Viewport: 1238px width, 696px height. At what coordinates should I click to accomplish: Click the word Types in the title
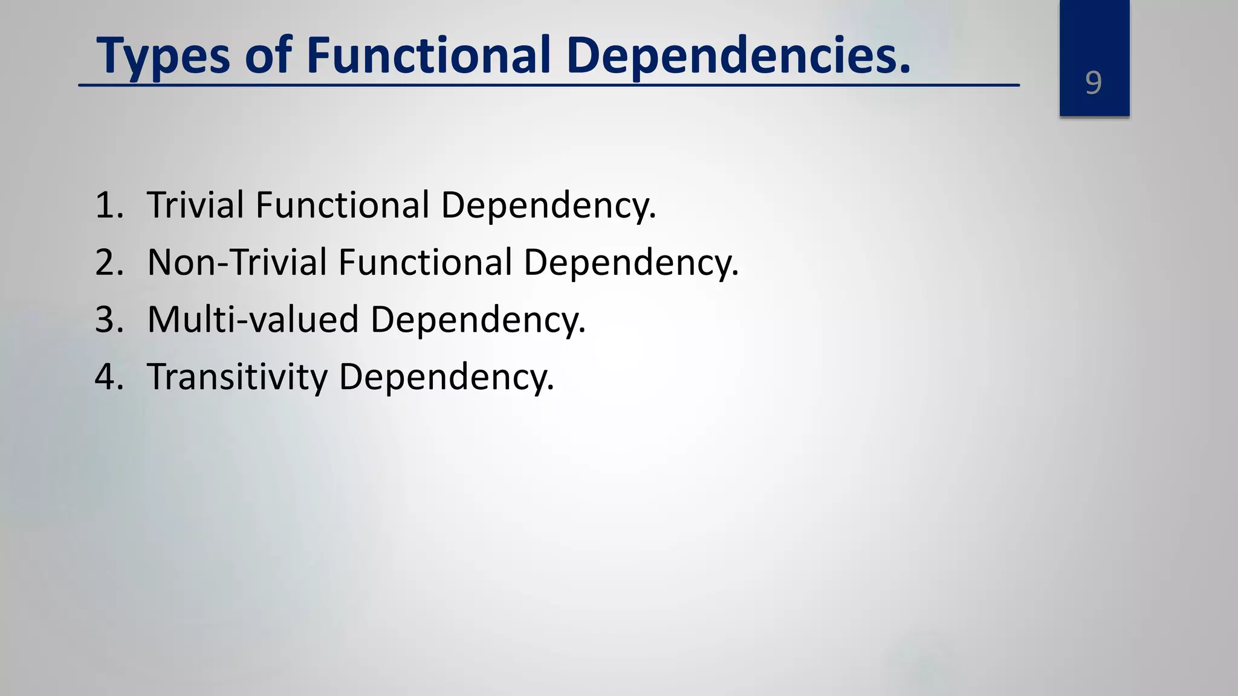(x=163, y=56)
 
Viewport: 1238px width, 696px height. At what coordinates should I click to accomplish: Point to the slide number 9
(x=1094, y=83)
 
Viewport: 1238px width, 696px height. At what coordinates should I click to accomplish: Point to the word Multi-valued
(x=253, y=319)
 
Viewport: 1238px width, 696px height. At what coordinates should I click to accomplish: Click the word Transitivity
(x=237, y=377)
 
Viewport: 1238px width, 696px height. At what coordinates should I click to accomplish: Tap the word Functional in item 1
(x=342, y=205)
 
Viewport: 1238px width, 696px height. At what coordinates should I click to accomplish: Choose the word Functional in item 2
(x=425, y=262)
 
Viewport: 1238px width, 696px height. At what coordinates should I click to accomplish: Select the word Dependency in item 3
(x=478, y=320)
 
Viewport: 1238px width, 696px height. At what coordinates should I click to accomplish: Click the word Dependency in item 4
(x=446, y=378)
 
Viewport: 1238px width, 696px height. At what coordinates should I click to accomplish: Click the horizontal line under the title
(x=549, y=86)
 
